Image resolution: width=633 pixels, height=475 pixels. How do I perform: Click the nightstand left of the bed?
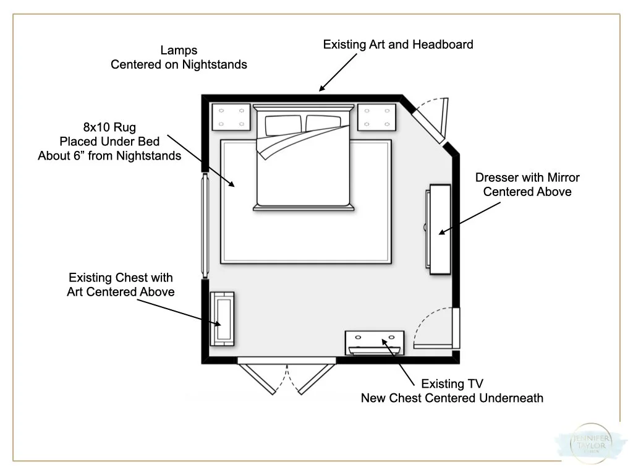pyautogui.click(x=231, y=117)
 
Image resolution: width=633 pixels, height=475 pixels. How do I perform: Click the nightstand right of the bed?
pyautogui.click(x=376, y=117)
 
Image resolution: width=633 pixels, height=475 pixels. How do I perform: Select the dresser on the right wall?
pyautogui.click(x=438, y=229)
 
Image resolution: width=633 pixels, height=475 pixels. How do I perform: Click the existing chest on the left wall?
pyautogui.click(x=222, y=319)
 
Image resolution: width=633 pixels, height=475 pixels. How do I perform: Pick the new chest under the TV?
pyautogui.click(x=375, y=340)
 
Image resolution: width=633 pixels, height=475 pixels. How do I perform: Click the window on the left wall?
pyautogui.click(x=203, y=226)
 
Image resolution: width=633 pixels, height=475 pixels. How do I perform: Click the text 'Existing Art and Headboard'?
pyautogui.click(x=398, y=45)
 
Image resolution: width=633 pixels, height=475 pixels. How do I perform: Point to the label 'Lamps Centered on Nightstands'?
pyautogui.click(x=179, y=57)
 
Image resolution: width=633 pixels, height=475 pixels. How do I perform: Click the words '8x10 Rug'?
pyautogui.click(x=109, y=128)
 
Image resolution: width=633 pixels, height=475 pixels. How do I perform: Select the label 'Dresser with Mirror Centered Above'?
pyautogui.click(x=527, y=184)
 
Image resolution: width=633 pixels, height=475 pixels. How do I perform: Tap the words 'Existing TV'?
pyautogui.click(x=452, y=385)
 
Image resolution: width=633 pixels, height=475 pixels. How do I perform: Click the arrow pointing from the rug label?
pyautogui.click(x=201, y=160)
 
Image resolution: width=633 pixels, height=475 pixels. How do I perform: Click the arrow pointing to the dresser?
pyautogui.click(x=470, y=218)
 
